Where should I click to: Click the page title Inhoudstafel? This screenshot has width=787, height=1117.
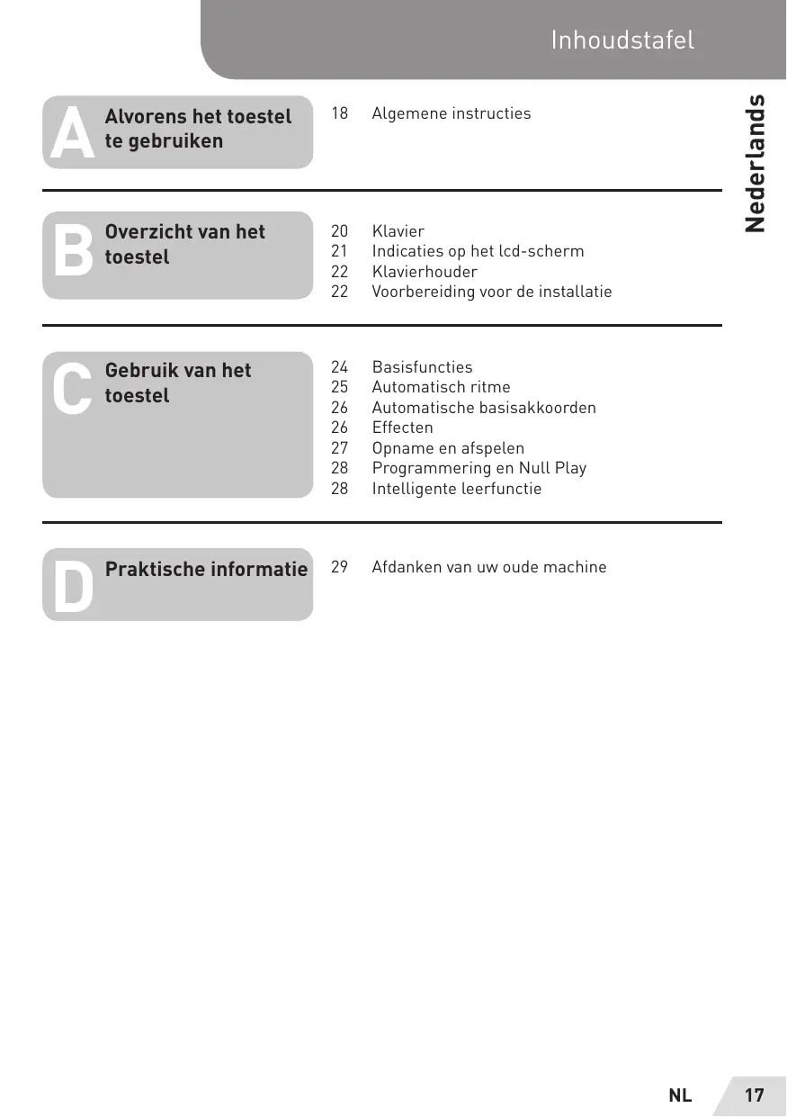pos(622,40)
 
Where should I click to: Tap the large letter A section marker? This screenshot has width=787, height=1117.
pos(73,134)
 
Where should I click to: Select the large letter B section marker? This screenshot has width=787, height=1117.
pos(73,251)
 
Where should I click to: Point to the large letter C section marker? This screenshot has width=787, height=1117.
pos(72,391)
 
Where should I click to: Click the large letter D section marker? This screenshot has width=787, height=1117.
pos(73,586)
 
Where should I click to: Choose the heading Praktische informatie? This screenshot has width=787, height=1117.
pos(206,570)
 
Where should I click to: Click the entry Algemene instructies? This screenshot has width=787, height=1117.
pos(451,113)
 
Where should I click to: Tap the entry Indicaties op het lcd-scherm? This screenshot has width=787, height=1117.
pos(478,251)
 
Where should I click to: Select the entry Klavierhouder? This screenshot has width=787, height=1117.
pos(425,272)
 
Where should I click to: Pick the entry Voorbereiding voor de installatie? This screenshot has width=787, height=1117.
pos(491,292)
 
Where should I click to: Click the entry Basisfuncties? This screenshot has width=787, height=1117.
pos(422,367)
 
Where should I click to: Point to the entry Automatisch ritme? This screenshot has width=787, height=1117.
pos(441,387)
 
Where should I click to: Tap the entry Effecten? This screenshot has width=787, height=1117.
pos(402,428)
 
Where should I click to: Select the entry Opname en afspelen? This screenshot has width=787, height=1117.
pos(448,448)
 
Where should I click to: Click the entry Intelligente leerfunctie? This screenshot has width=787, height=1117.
pos(457,489)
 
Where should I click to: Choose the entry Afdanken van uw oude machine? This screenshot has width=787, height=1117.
pos(489,567)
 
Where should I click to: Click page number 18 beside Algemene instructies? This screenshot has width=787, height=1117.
pos(340,113)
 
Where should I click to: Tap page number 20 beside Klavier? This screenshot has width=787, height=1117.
pos(340,231)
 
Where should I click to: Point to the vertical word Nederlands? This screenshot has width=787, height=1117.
pos(756,163)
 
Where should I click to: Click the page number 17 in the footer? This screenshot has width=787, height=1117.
pos(754,1095)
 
